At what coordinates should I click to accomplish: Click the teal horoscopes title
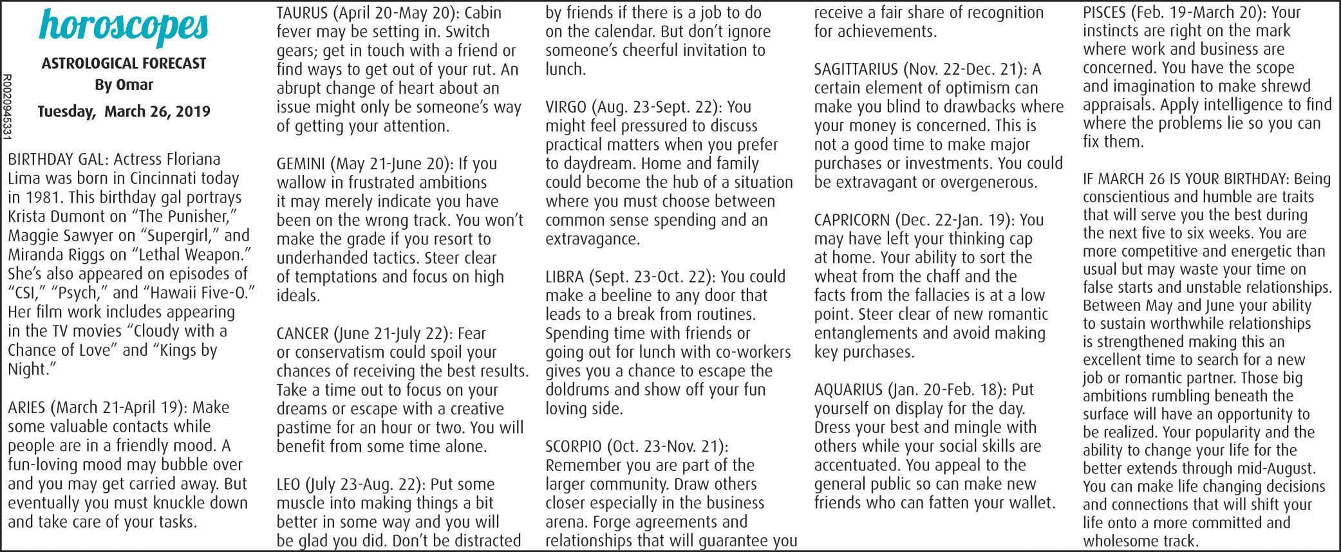(124, 26)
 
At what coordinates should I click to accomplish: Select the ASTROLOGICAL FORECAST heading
(124, 64)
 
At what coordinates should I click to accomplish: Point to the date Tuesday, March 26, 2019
(124, 111)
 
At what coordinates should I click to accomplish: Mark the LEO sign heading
(288, 484)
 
